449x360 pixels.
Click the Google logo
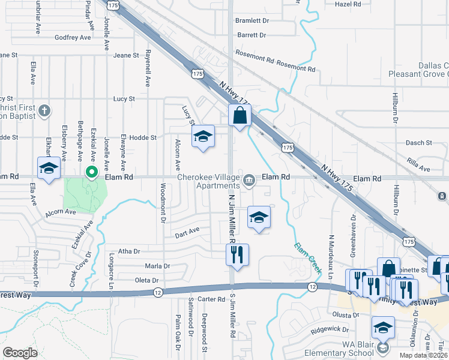click(20, 353)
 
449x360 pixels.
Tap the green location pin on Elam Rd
click(92, 173)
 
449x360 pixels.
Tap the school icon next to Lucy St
click(203, 137)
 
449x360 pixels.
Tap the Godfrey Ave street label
click(73, 37)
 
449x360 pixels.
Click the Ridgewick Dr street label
click(330, 329)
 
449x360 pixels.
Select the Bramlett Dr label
click(252, 20)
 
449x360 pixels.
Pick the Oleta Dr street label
click(146, 280)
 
